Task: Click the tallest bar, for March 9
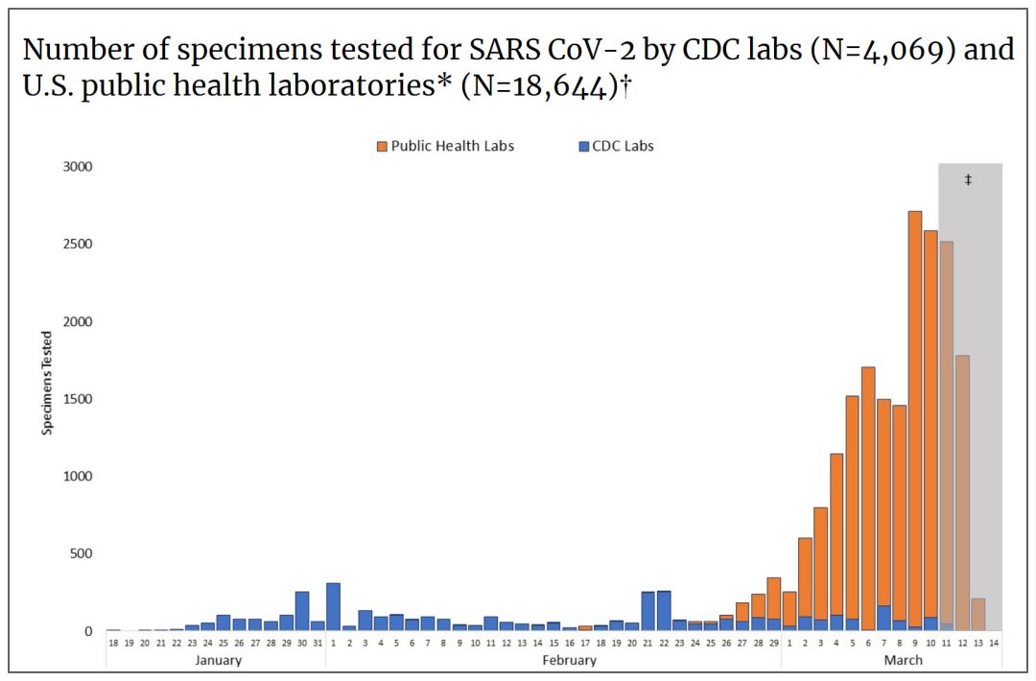click(914, 421)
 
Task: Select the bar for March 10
click(930, 431)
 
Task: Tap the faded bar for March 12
click(962, 493)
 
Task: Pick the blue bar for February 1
click(333, 607)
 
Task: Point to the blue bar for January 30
click(302, 611)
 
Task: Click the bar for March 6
click(867, 499)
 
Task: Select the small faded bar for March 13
click(977, 615)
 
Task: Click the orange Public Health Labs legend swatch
click(382, 147)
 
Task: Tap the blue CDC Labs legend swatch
click(583, 147)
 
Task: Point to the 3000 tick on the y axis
click(78, 167)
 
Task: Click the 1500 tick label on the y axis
click(78, 399)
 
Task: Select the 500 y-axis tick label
click(82, 553)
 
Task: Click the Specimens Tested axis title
click(46, 383)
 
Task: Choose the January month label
click(218, 660)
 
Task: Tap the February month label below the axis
click(570, 660)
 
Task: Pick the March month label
click(904, 660)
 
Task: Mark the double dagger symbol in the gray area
click(968, 179)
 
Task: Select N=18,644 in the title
click(540, 86)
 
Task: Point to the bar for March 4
click(836, 542)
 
